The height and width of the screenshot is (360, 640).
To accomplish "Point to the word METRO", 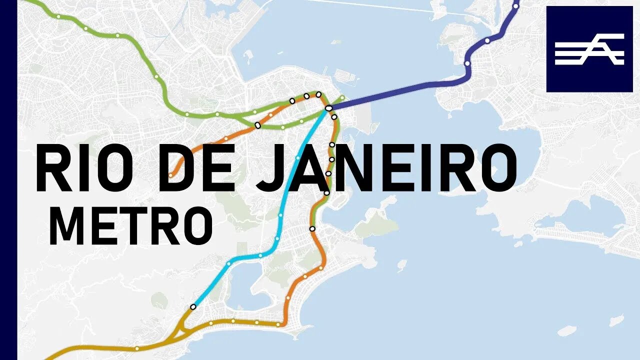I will pos(131,226).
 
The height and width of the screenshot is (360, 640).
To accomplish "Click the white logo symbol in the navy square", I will pos(589,49).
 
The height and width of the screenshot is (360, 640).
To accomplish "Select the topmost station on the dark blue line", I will pos(516,6).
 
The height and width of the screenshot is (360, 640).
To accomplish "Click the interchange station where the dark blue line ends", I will pos(328,108).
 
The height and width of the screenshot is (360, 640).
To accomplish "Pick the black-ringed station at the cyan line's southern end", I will pos(193,306).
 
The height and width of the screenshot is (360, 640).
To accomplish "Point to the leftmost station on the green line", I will pos(58,16).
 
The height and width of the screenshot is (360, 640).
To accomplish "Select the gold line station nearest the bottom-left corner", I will pos(136,348).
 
